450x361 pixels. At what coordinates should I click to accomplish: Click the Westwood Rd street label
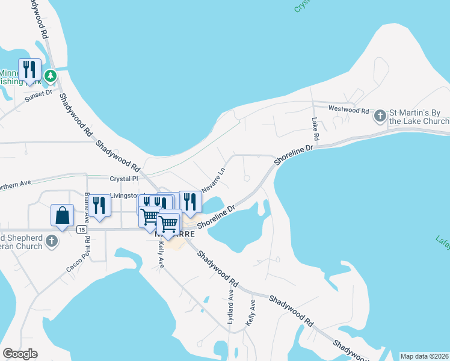348,110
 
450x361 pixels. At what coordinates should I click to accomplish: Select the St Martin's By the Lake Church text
419,116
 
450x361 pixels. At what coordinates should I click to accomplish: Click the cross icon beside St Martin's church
380,115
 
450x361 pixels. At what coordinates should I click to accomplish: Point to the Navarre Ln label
213,180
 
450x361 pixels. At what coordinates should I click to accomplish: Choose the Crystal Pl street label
124,179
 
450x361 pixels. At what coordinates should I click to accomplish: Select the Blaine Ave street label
87,205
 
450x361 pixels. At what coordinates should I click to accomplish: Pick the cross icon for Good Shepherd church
52,241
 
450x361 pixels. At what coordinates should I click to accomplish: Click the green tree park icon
51,76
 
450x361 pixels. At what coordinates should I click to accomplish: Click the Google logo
20,354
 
